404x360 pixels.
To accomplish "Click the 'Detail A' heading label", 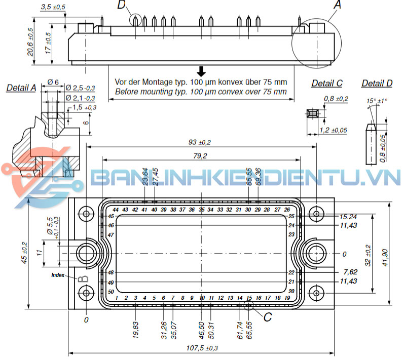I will click(x=21, y=88).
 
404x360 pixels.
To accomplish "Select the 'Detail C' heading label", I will click(x=327, y=83).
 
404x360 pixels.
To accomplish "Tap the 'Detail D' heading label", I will click(x=377, y=83).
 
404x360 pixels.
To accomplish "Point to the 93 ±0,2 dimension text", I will click(x=201, y=142).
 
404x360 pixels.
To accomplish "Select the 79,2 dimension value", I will click(x=201, y=155).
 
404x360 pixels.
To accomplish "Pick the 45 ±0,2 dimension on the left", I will click(x=24, y=253).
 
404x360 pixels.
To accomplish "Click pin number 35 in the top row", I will click(x=202, y=210).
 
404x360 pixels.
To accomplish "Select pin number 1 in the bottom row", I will click(x=117, y=298).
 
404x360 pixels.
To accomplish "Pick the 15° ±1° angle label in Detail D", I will click(x=377, y=100).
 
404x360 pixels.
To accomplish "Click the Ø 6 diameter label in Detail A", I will click(x=53, y=82).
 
